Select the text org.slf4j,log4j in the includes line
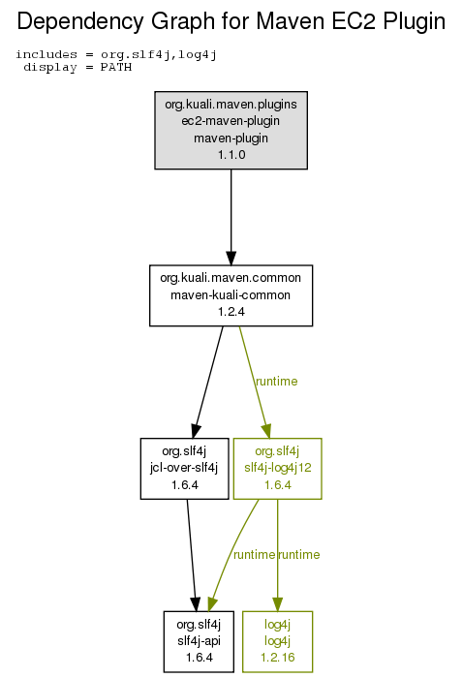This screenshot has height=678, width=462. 158,55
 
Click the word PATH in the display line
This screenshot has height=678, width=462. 116,68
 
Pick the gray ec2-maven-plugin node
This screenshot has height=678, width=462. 231,130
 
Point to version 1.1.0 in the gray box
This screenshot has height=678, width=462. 231,155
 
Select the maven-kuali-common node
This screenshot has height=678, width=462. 231,295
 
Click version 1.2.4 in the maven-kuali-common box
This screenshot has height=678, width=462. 231,312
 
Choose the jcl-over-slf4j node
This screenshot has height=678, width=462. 184,469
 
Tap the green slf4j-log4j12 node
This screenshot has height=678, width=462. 277,469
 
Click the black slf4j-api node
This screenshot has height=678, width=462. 199,641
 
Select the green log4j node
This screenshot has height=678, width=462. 277,641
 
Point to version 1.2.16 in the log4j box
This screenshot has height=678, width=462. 277,658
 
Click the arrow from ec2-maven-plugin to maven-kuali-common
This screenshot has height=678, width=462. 231,217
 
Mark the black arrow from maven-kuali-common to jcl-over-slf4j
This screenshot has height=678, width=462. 209,383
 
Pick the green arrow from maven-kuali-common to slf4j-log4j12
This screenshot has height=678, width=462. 255,383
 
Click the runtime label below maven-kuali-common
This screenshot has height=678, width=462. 277,382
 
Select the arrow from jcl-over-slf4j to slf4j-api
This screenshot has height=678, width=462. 192,555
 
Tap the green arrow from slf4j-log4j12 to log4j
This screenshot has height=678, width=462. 277,555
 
